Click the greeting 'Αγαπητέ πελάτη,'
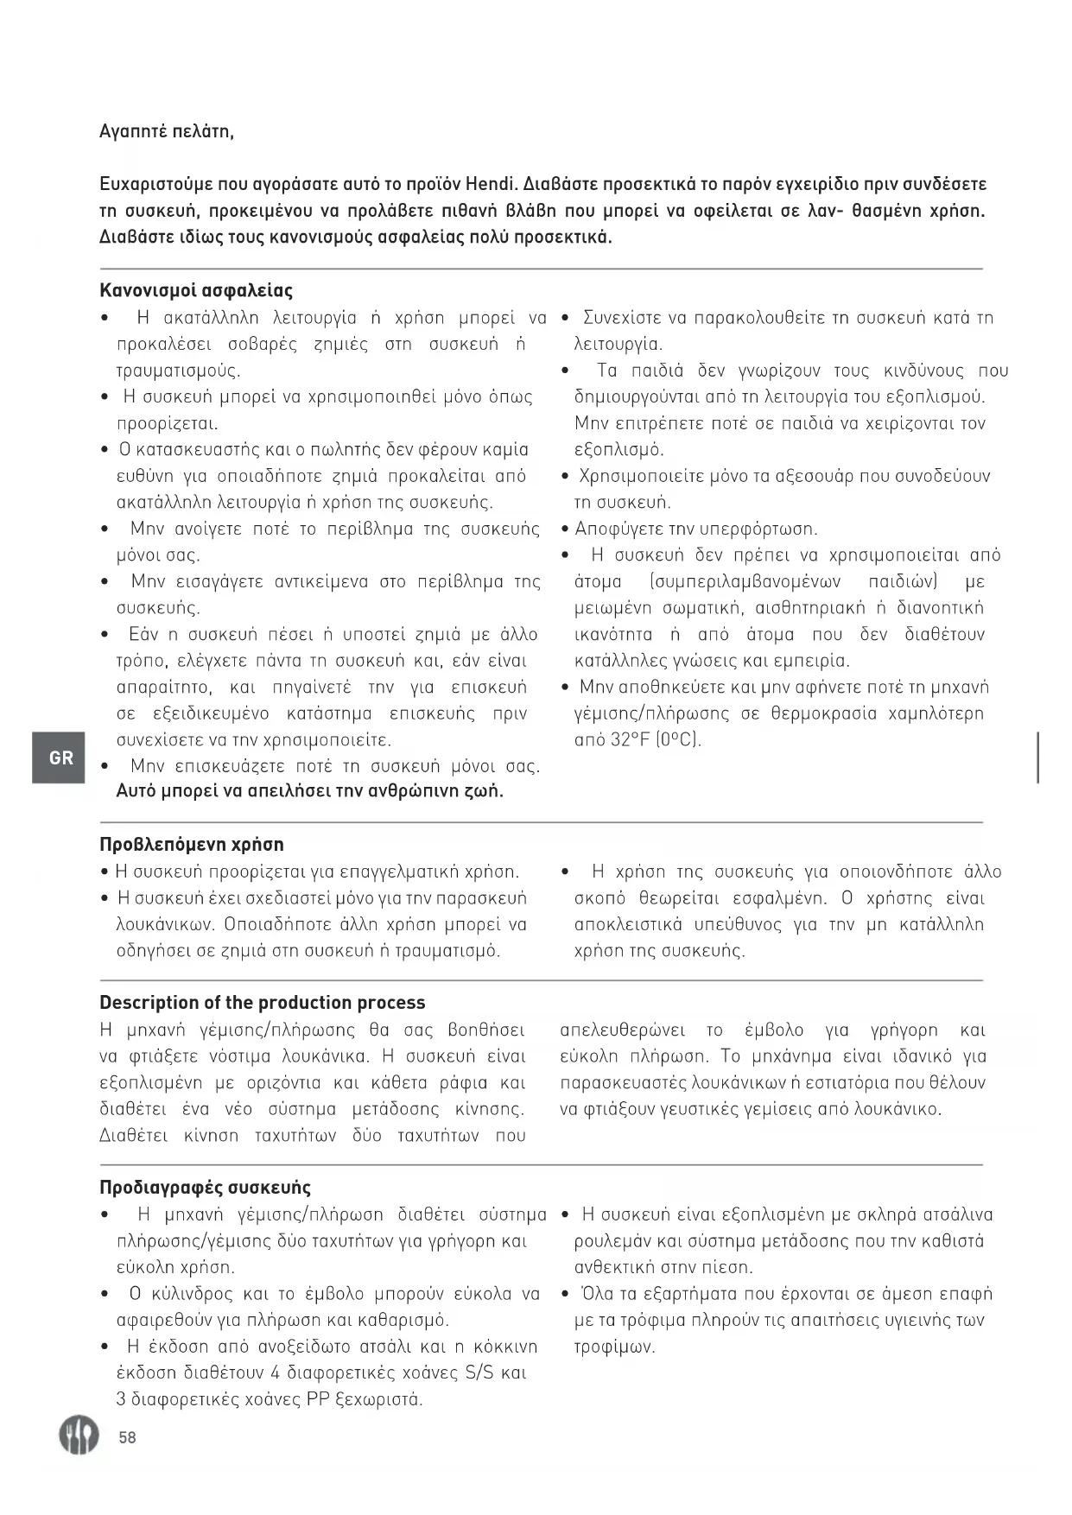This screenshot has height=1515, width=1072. (167, 131)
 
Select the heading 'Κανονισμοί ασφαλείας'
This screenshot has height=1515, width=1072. (196, 290)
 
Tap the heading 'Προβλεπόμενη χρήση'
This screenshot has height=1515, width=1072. (192, 844)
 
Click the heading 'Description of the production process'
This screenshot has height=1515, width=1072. (262, 1002)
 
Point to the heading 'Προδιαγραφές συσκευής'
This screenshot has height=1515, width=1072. (205, 1187)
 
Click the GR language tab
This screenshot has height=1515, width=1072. (60, 757)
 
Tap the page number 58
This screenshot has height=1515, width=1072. (128, 1437)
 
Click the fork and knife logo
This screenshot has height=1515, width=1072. (78, 1435)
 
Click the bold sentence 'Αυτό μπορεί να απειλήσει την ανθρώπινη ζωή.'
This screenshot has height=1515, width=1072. (310, 790)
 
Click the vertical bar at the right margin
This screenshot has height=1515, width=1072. (1037, 757)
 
